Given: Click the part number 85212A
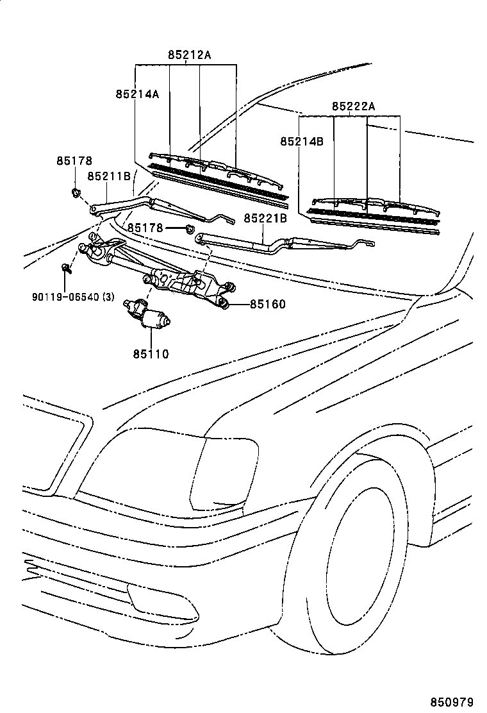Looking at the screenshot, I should tap(190, 55).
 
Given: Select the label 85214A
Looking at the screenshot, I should tap(137, 94).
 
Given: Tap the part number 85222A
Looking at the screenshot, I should tap(353, 106).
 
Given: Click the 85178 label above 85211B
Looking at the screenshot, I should tap(74, 160).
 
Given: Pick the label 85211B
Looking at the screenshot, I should tap(109, 176).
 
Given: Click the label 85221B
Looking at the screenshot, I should tap(265, 219).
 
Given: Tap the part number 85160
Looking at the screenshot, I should tap(267, 304).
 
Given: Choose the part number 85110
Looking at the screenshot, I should tap(151, 353).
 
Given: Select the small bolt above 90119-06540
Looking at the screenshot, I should tap(65, 268).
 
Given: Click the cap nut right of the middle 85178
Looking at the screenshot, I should tap(189, 229).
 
